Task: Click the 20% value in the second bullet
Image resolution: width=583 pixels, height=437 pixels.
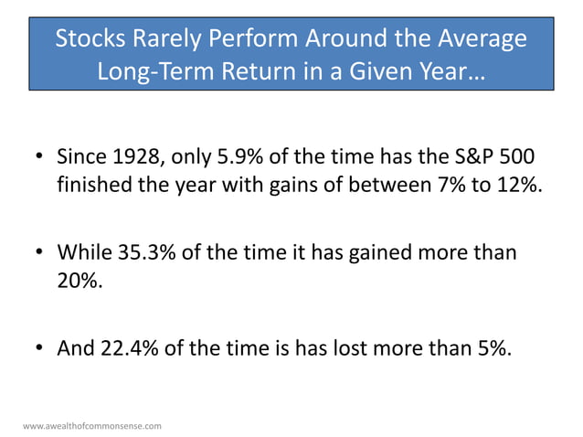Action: (79, 279)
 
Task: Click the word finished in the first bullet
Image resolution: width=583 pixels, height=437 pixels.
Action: (94, 185)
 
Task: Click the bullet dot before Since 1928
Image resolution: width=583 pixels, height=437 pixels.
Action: (41, 158)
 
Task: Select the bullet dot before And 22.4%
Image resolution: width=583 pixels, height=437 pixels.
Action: (41, 346)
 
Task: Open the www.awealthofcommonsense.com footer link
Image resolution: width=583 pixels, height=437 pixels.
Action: (91, 426)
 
